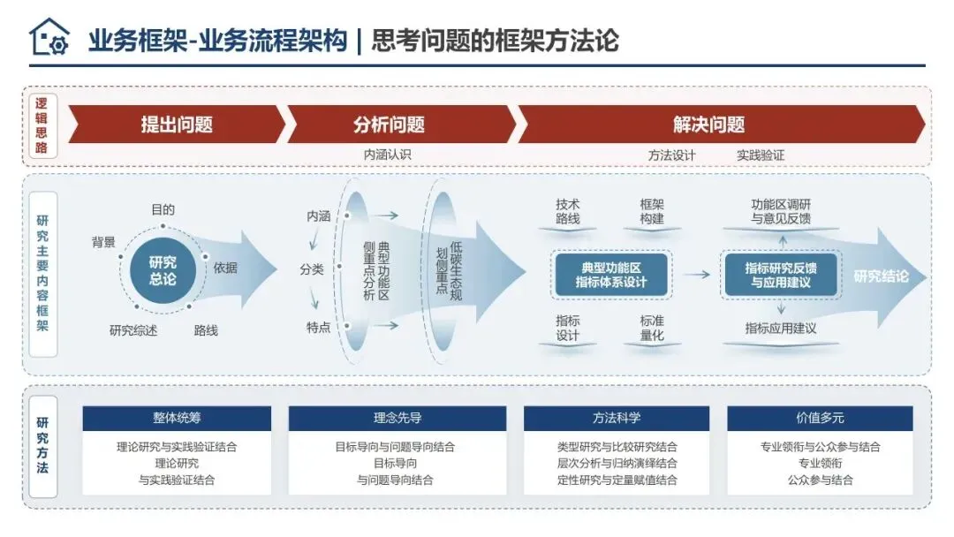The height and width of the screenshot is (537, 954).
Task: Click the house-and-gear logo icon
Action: click(49, 38)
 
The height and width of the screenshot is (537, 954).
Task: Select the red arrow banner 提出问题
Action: click(177, 125)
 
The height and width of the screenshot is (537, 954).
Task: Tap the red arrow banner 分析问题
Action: click(389, 125)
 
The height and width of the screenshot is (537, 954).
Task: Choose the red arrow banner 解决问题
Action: click(708, 125)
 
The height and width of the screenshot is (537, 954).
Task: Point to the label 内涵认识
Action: click(388, 155)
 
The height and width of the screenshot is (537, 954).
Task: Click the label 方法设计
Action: click(671, 155)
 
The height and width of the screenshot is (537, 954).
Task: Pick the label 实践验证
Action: click(761, 155)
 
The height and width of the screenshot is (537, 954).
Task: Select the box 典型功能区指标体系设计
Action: click(611, 274)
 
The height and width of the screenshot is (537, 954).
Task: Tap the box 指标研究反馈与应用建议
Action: click(781, 275)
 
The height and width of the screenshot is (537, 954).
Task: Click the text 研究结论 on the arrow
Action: click(881, 276)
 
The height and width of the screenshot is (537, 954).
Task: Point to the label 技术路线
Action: click(568, 211)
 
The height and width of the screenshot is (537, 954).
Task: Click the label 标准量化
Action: click(652, 328)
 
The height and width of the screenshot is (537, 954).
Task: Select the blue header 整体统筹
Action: click(177, 419)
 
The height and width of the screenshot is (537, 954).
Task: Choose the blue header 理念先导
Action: click(397, 419)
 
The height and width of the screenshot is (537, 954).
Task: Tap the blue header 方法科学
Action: click(617, 419)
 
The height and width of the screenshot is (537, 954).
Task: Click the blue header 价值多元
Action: click(820, 419)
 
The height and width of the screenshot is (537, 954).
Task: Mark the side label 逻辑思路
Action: click(42, 126)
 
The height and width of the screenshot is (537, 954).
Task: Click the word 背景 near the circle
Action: click(103, 242)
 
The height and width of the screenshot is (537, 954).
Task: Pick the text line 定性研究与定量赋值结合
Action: click(617, 480)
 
